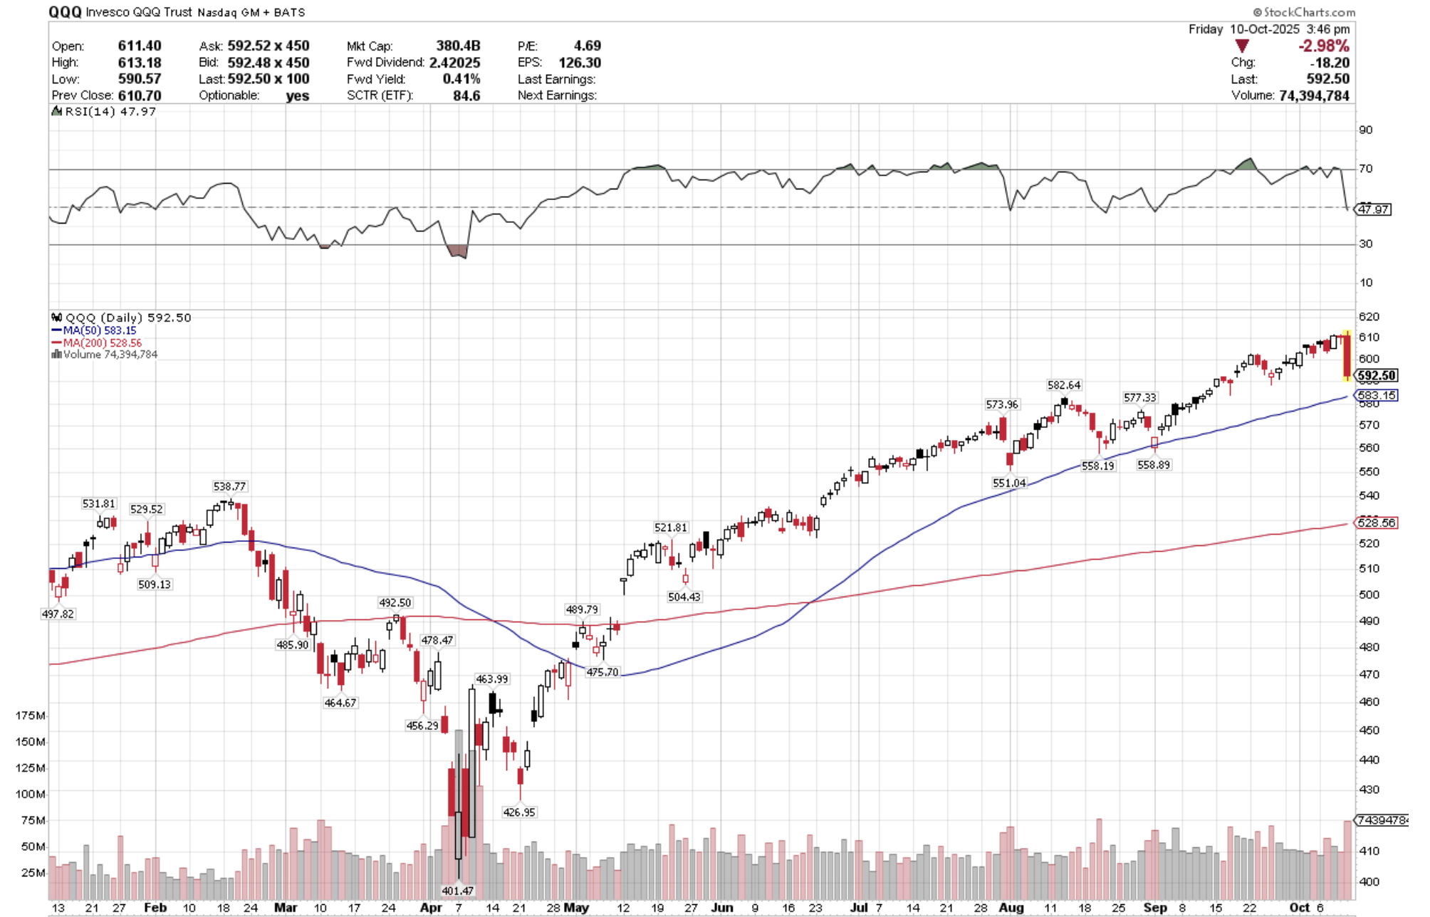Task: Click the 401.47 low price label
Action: tap(457, 891)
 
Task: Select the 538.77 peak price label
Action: tap(229, 486)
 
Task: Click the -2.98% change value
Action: tap(1323, 46)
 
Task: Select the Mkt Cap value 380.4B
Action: tap(458, 46)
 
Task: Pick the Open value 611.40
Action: tap(140, 46)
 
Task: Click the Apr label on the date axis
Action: tap(430, 908)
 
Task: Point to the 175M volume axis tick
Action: tap(31, 715)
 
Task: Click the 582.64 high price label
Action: tap(1063, 385)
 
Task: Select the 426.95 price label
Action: tap(518, 812)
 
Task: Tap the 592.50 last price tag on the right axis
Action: tap(1377, 375)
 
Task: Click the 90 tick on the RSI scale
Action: tap(1365, 130)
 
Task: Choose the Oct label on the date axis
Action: tap(1299, 908)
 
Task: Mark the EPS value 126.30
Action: tap(580, 63)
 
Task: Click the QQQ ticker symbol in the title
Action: tap(65, 12)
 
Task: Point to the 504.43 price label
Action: tap(684, 597)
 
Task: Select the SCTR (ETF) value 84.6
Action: tap(466, 95)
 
